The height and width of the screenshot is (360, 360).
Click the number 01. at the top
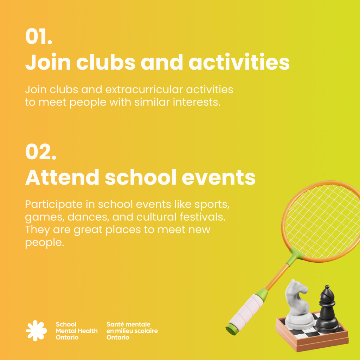point(39,37)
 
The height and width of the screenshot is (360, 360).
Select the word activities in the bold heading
point(239,63)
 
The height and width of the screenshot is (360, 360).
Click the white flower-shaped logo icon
point(36,330)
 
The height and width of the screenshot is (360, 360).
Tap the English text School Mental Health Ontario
point(76,331)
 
